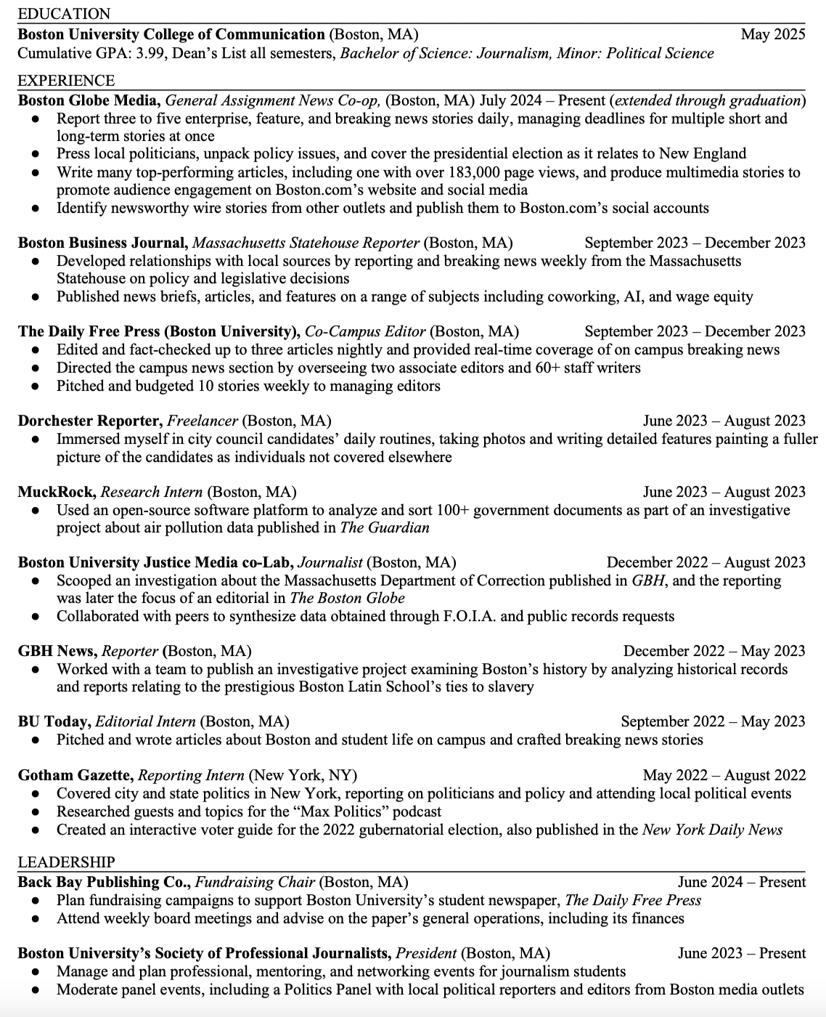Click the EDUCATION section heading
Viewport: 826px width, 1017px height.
(x=64, y=14)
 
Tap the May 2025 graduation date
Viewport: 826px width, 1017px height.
(x=772, y=34)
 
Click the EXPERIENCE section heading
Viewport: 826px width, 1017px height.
(x=66, y=81)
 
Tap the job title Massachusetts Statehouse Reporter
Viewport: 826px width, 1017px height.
(x=306, y=243)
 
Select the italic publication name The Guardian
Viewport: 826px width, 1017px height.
(x=385, y=527)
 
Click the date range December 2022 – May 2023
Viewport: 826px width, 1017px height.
(x=713, y=651)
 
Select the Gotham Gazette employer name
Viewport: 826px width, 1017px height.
(x=75, y=774)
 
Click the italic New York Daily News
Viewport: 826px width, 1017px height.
(x=711, y=830)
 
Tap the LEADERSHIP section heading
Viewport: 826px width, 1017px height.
(x=66, y=862)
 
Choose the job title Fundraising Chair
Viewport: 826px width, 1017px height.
(x=255, y=882)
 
